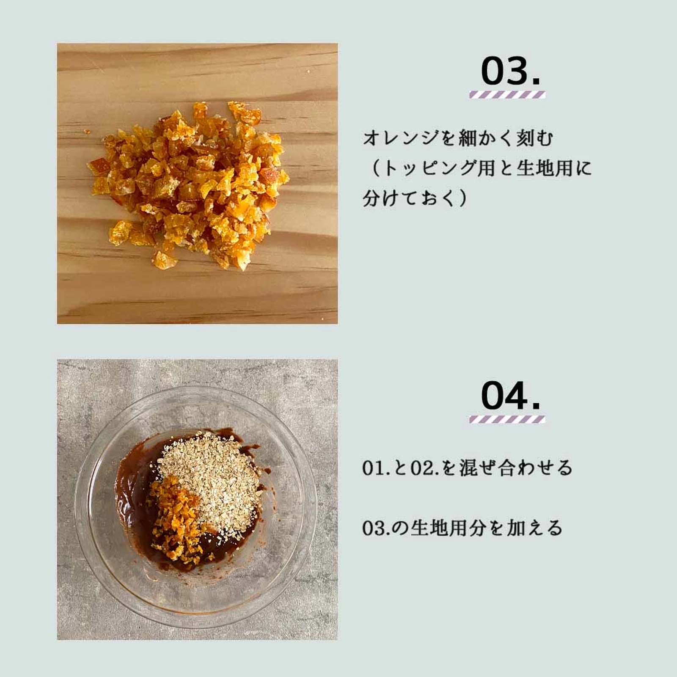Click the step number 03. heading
(510, 72)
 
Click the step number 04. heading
(510, 396)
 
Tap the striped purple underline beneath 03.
(507, 95)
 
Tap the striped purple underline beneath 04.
(507, 419)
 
